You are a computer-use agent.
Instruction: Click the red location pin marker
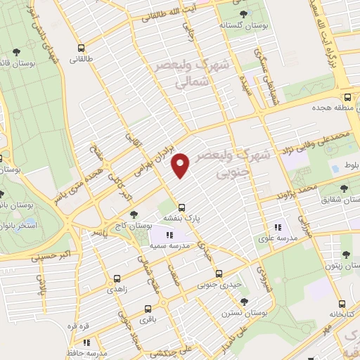click(181, 166)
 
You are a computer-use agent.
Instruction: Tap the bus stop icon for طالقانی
click(82, 49)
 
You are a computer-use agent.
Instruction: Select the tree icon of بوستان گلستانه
click(243, 14)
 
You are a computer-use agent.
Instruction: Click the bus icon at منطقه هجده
click(347, 98)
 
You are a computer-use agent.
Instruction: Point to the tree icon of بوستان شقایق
click(344, 188)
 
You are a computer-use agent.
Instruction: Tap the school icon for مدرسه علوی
click(278, 226)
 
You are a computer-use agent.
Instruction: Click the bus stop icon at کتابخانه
click(342, 304)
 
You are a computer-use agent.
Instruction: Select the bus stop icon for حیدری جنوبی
click(219, 274)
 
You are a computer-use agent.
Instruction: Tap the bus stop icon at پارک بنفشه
click(182, 207)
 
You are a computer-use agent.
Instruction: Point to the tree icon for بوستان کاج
click(134, 214)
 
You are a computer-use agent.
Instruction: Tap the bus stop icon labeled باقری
click(148, 308)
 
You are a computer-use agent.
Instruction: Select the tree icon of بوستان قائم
click(16, 52)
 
